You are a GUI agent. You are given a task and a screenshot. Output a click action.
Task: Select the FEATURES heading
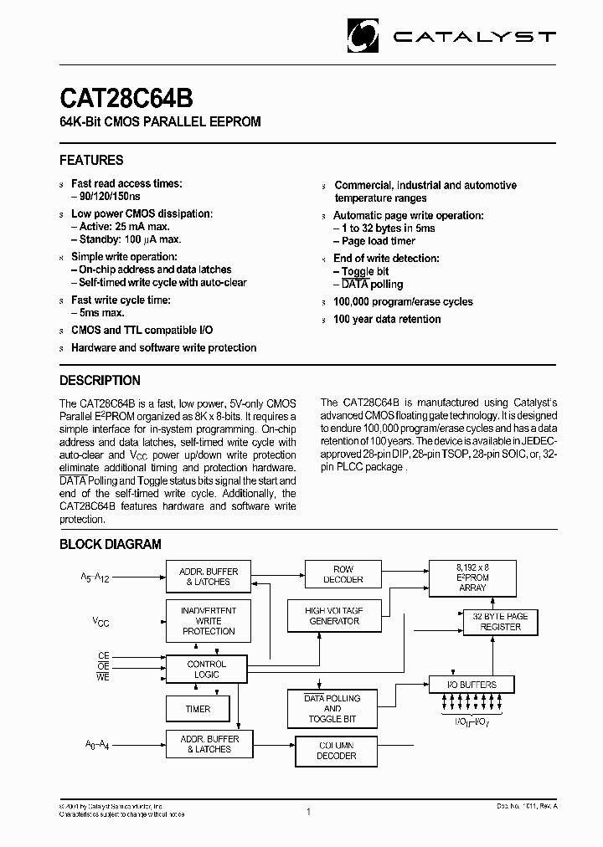[91, 160]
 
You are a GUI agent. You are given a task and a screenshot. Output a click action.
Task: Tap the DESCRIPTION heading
[100, 380]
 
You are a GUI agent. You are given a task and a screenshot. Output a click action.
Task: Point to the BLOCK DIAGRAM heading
[110, 544]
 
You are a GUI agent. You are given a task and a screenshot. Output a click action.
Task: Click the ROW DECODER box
[343, 574]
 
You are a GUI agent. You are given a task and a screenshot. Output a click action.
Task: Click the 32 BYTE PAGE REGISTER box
[500, 621]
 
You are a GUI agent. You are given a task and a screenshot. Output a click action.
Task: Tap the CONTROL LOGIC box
[206, 669]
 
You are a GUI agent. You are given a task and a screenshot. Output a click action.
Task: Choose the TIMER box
[198, 709]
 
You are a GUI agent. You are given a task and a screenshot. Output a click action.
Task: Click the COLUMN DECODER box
[337, 750]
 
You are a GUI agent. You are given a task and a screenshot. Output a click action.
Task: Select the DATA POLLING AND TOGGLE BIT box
[332, 708]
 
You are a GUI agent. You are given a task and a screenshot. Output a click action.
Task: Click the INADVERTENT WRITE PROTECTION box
[209, 621]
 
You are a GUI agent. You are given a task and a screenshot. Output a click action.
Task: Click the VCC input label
[100, 622]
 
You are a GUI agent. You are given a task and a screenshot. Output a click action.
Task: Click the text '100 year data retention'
[386, 319]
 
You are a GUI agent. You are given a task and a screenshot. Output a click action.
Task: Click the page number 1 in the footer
[308, 812]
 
